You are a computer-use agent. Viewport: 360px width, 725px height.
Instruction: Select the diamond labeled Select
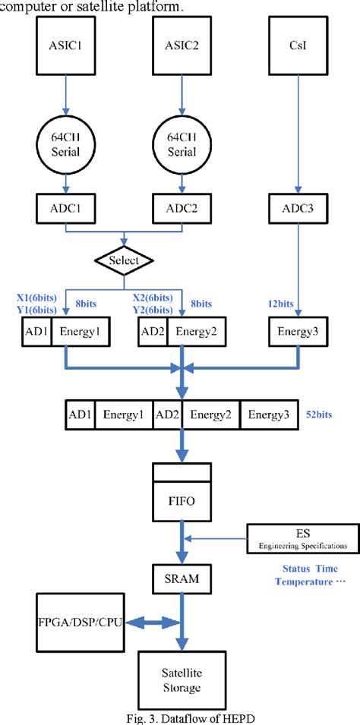(125, 260)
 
